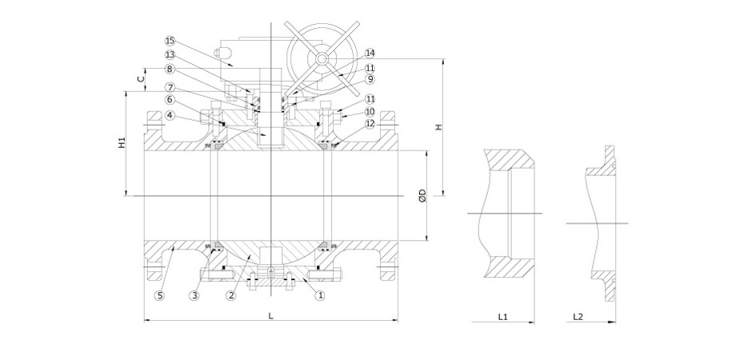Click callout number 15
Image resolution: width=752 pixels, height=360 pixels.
(170, 39)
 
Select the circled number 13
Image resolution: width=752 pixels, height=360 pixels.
(170, 54)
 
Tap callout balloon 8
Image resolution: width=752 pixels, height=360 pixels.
(170, 70)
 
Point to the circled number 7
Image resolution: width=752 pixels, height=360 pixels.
(170, 86)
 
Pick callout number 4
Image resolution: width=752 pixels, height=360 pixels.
(170, 115)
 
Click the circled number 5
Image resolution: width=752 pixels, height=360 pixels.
(160, 295)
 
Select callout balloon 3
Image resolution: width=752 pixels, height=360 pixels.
(194, 295)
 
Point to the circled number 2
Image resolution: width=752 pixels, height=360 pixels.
(230, 295)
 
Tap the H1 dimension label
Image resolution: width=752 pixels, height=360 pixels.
(120, 143)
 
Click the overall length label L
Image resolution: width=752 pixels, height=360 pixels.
(271, 316)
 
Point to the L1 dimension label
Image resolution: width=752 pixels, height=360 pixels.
(502, 317)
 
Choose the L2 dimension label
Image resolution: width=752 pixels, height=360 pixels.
(578, 317)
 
